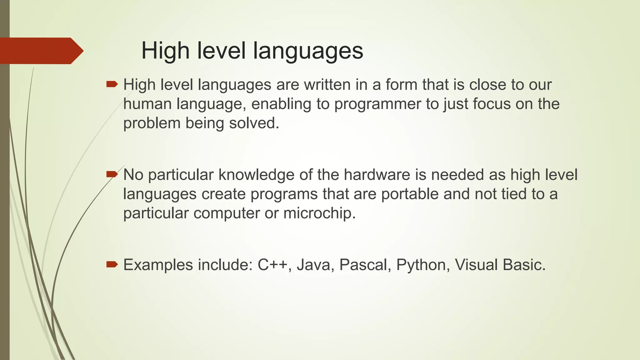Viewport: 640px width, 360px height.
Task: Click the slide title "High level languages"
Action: tap(252, 51)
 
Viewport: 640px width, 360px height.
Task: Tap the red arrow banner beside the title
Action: tap(41, 51)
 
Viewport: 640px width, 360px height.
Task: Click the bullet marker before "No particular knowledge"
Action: tap(112, 174)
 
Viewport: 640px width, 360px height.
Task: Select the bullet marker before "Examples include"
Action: tap(112, 265)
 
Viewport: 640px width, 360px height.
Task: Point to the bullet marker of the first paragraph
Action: tap(112, 84)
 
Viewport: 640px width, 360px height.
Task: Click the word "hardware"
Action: tap(377, 174)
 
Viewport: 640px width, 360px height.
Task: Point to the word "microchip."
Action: tap(319, 213)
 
